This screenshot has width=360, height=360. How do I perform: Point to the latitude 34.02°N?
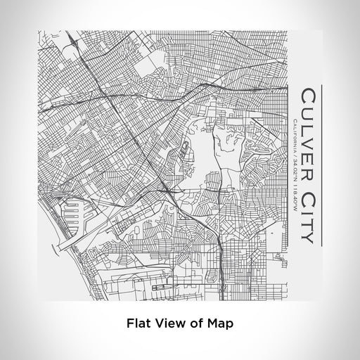tap(295, 174)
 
